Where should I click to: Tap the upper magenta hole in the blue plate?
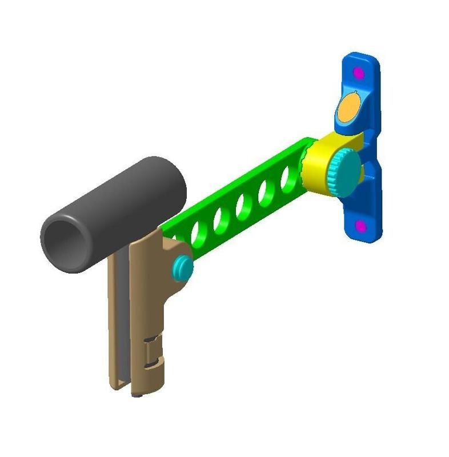[x=359, y=73]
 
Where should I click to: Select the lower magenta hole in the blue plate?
[x=360, y=227]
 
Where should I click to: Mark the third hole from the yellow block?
[x=244, y=206]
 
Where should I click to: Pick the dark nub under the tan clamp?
[x=138, y=394]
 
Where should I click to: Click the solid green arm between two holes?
[x=256, y=200]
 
